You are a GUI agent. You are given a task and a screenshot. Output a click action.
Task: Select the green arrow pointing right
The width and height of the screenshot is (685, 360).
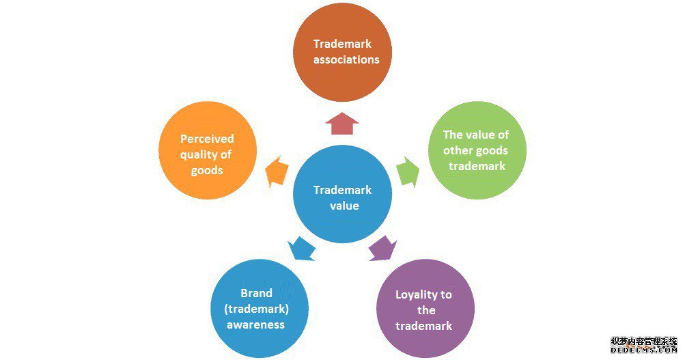coord(408,171)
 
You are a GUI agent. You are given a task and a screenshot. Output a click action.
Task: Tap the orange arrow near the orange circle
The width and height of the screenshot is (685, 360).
coord(276,172)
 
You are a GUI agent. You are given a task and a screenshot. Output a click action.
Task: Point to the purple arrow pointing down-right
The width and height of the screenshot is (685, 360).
coord(382,247)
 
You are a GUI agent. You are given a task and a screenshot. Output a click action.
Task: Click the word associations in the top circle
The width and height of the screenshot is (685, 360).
coord(346,59)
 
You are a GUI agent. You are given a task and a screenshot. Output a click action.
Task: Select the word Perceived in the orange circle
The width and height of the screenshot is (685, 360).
coord(207,139)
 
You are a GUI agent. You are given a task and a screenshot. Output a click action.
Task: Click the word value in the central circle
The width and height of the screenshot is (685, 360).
coord(342,206)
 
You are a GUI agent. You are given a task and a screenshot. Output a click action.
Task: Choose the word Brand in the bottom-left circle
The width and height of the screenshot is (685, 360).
coord(256,293)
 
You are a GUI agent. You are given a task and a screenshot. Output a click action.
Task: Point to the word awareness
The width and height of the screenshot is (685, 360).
coord(256,324)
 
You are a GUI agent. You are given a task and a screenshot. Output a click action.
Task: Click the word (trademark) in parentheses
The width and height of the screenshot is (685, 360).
coord(256,309)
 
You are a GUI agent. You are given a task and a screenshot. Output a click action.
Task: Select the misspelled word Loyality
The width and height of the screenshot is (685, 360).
coord(417,295)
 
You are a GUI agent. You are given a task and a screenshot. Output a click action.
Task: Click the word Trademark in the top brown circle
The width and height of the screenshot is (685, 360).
coord(342,44)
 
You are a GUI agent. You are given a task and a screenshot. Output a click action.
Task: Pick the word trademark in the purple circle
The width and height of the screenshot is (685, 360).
coord(423,326)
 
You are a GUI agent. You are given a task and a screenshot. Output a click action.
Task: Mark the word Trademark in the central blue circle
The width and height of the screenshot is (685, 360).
coord(342,190)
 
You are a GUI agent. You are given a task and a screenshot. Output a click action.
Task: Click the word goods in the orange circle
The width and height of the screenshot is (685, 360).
coord(207,170)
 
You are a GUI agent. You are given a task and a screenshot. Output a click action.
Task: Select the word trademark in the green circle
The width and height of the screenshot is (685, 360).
coord(477,166)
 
